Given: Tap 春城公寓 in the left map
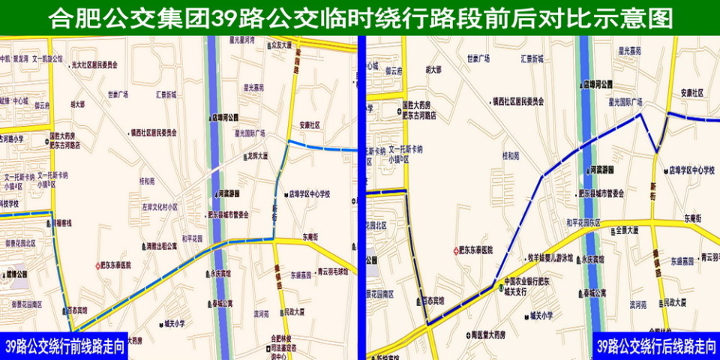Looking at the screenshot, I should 221,304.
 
